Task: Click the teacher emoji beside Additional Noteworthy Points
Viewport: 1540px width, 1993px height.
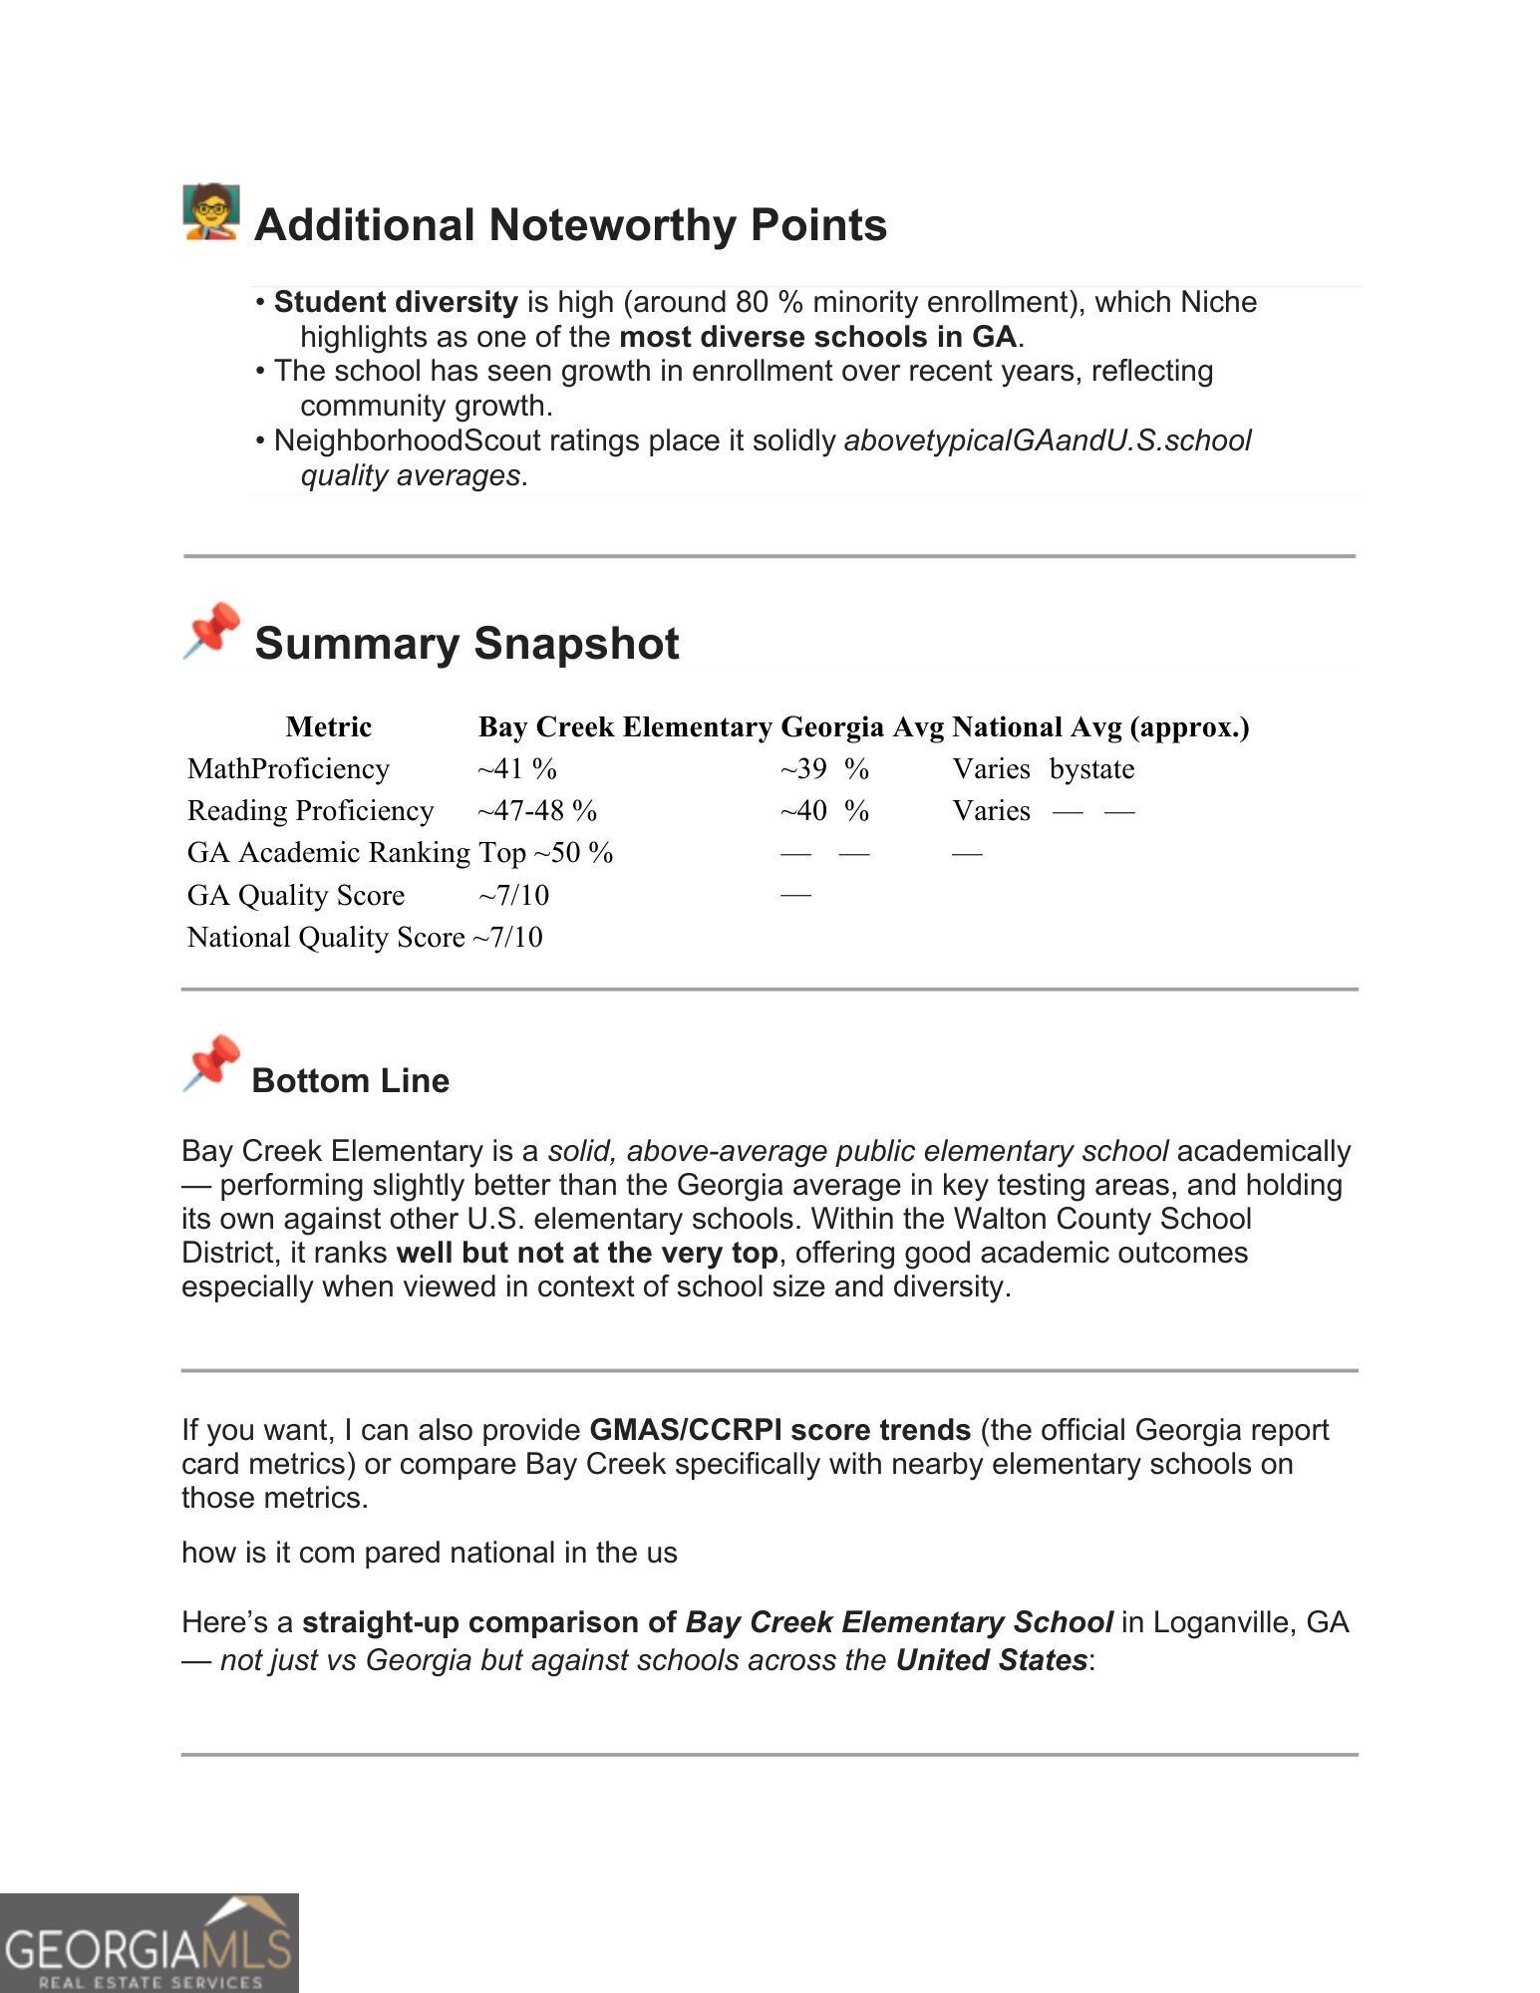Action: pyautogui.click(x=211, y=211)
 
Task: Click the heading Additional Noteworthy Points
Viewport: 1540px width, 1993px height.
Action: pyautogui.click(x=570, y=225)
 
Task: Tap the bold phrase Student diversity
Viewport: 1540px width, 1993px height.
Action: pyautogui.click(x=396, y=302)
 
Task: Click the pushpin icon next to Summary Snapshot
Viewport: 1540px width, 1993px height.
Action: pyautogui.click(x=211, y=631)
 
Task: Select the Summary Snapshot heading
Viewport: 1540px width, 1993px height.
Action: pyautogui.click(x=466, y=644)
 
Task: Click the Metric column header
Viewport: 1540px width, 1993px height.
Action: pyautogui.click(x=328, y=727)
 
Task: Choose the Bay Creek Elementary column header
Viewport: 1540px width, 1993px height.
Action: pyautogui.click(x=625, y=727)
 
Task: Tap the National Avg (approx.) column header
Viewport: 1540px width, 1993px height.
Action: pyautogui.click(x=1100, y=727)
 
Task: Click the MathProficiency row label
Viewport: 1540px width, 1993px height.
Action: pyautogui.click(x=288, y=769)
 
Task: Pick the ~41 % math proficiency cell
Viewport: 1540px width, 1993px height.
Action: pyautogui.click(x=516, y=769)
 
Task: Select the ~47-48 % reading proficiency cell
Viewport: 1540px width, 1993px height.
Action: pyautogui.click(x=537, y=811)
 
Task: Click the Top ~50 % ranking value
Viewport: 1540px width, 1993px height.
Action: pyautogui.click(x=546, y=853)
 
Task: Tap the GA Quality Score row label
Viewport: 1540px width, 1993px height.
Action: pyautogui.click(x=296, y=895)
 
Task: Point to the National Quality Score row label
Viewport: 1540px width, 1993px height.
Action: pyautogui.click(x=326, y=937)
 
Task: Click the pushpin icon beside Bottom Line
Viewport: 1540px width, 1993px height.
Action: pyautogui.click(x=211, y=1063)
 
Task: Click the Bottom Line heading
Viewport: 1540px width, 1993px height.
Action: pyautogui.click(x=350, y=1081)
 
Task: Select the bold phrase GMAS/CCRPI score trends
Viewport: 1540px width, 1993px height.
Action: pyautogui.click(x=779, y=1430)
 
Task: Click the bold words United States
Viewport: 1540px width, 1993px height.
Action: pyautogui.click(x=991, y=1660)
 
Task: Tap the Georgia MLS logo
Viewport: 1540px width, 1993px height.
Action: pyautogui.click(x=150, y=1943)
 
